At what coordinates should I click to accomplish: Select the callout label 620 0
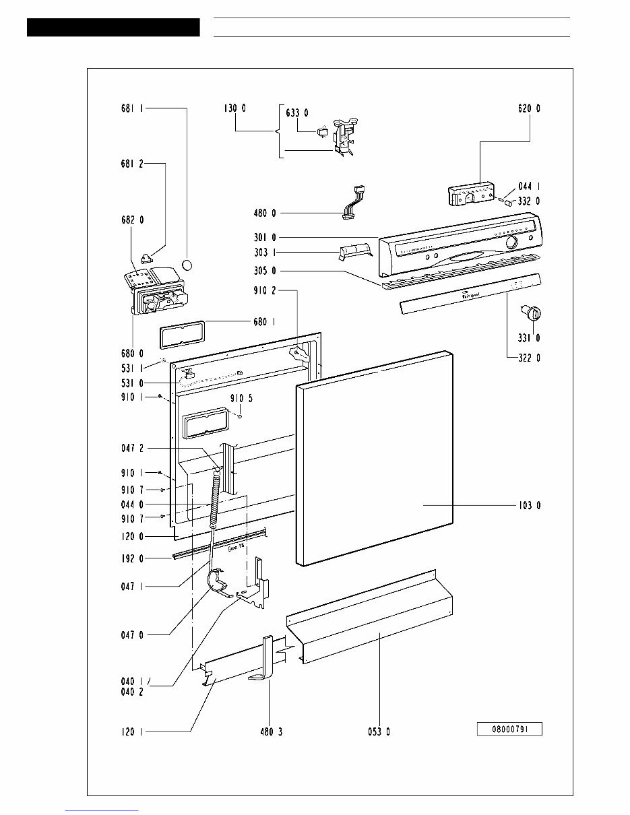click(x=529, y=108)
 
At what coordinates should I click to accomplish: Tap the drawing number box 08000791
click(x=509, y=729)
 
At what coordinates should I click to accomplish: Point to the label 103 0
click(x=529, y=504)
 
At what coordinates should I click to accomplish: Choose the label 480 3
click(x=270, y=732)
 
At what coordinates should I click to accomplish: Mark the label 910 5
click(x=241, y=398)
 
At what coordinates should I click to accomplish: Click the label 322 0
click(x=529, y=358)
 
